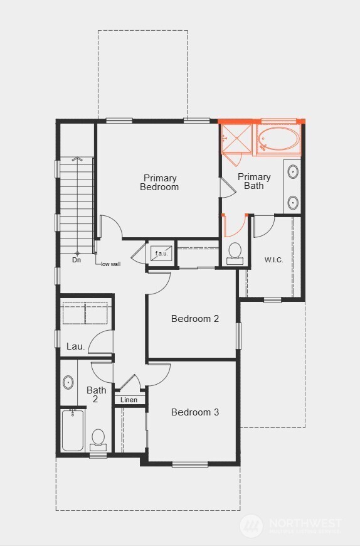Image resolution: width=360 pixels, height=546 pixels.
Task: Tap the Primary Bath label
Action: tap(254, 181)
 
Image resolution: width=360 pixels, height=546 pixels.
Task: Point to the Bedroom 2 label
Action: tap(195, 319)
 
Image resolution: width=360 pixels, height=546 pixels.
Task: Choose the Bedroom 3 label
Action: tap(195, 412)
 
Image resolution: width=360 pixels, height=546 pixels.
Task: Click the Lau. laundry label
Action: tap(76, 346)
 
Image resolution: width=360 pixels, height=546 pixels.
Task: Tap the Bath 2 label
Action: tap(96, 394)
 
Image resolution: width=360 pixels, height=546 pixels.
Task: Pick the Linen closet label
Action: tap(129, 400)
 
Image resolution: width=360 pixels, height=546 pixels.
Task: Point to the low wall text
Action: tap(111, 264)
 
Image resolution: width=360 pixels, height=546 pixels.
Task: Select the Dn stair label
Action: tap(77, 260)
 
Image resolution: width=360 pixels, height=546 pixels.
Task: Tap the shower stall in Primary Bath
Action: tap(236, 139)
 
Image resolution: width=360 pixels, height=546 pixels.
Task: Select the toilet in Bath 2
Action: tap(98, 437)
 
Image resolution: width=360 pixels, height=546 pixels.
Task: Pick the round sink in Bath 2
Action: tap(68, 382)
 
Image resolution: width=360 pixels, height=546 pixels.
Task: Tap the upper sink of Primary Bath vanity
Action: tap(293, 171)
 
